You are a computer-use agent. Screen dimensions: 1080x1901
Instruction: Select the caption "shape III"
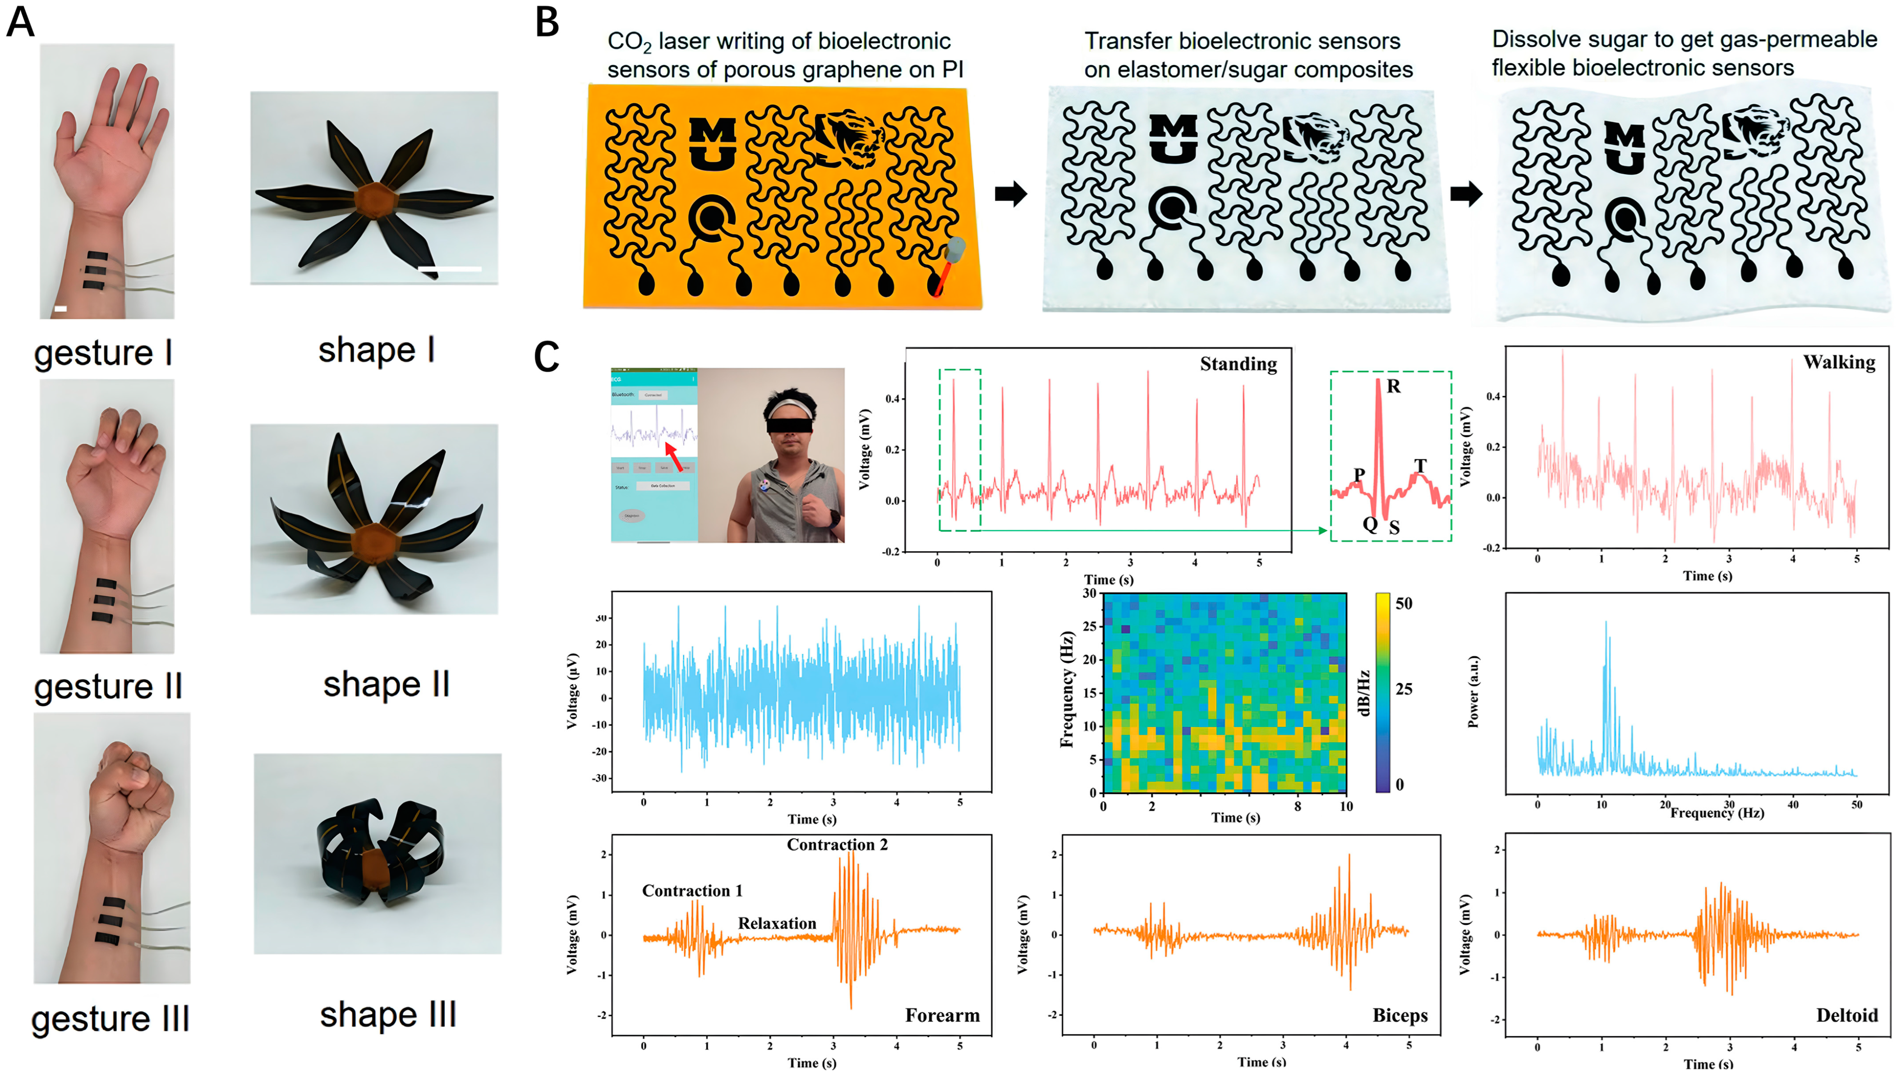[x=387, y=1015]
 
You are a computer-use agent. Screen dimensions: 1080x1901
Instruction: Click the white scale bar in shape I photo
[x=450, y=268]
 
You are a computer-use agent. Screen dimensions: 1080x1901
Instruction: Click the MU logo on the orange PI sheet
[x=712, y=143]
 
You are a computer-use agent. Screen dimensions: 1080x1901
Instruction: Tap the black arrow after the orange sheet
[x=1010, y=194]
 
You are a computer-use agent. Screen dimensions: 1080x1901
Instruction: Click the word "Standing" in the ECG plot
[x=1238, y=364]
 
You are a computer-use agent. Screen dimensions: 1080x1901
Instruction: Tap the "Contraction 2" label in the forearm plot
[x=837, y=845]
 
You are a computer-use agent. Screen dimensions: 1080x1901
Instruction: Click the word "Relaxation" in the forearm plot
[x=777, y=924]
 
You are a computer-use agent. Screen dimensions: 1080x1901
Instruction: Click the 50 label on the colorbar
[x=1404, y=604]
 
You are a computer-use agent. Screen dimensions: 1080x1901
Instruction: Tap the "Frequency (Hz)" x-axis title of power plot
[x=1717, y=813]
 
